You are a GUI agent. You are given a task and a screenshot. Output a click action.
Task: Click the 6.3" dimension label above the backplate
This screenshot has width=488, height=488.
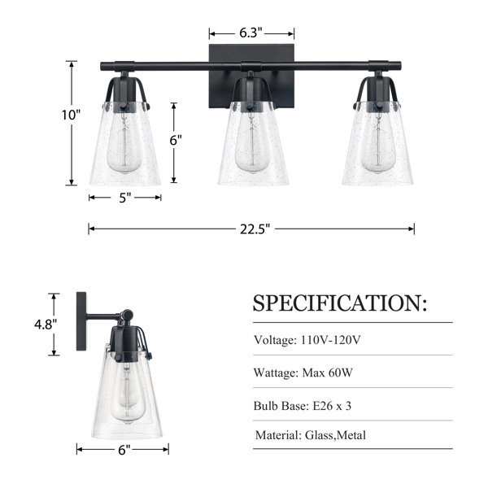pos(251,33)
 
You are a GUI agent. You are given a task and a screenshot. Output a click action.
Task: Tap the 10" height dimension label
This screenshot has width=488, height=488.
pos(71,115)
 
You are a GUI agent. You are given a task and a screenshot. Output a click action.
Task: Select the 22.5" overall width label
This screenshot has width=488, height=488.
pos(255,229)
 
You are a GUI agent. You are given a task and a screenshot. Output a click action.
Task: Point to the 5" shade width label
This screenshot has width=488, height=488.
pos(125,198)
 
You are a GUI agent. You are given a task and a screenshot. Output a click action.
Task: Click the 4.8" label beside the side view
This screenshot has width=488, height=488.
pos(46,325)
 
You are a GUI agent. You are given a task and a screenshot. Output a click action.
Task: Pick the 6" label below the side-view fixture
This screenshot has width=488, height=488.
pos(124,450)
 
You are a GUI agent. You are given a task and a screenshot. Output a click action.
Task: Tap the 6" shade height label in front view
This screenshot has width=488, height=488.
pos(176,141)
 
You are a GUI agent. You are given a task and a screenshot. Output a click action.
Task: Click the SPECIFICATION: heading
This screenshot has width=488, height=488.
pos(339,303)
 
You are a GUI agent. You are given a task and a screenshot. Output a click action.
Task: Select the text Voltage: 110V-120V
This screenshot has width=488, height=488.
pos(307,340)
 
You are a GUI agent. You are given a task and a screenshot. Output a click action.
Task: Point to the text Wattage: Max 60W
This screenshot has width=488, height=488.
pos(303,373)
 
